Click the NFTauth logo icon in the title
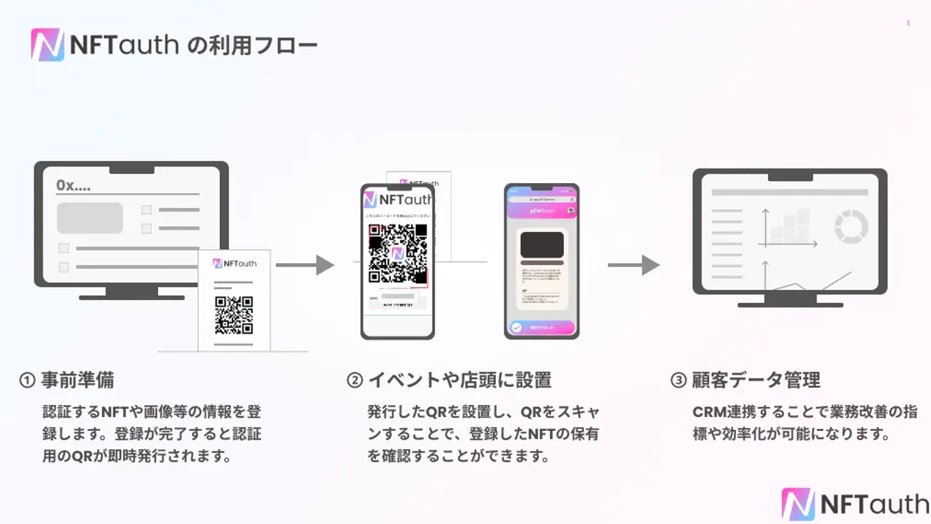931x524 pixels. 47,45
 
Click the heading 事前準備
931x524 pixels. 78,380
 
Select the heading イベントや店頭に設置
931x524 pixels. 460,380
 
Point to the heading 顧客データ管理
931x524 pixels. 756,380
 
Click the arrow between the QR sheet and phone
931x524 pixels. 305,265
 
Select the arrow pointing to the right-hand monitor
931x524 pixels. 634,265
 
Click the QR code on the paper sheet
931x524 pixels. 234,315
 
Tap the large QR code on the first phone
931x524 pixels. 398,254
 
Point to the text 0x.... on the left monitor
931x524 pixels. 73,186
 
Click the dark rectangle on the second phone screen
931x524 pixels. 542,245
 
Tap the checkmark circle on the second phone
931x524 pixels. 516,327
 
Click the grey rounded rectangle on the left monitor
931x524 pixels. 90,218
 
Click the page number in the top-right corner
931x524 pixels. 908,23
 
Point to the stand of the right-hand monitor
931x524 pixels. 790,300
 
